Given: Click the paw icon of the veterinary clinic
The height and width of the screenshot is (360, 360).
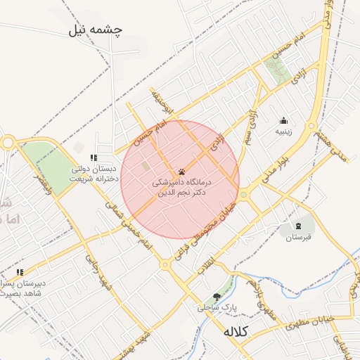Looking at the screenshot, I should click(181, 171).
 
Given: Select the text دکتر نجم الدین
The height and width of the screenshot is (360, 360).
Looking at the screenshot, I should click(181, 192).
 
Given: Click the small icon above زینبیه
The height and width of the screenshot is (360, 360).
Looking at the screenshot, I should click(283, 120).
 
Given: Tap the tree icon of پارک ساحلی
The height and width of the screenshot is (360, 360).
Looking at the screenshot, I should click(217, 297).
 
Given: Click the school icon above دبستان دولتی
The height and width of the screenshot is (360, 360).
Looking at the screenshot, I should click(94, 157).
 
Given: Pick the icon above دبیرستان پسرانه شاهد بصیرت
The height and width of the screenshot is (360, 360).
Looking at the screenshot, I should click(20, 272).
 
